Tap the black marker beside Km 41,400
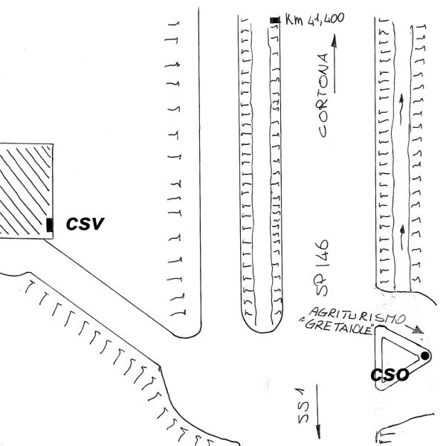(x=274, y=21)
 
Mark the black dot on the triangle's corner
(x=424, y=356)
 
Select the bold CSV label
(x=85, y=223)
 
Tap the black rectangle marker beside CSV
(x=50, y=224)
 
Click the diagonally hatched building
(x=25, y=190)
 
